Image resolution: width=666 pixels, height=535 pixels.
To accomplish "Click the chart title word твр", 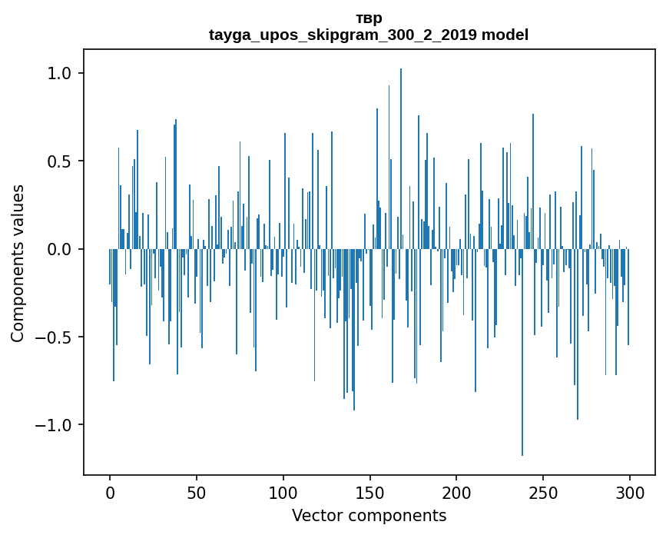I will tap(369, 18).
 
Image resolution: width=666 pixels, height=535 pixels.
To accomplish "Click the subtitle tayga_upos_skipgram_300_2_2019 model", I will tap(369, 35).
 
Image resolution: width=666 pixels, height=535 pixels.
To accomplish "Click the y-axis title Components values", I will tap(18, 263).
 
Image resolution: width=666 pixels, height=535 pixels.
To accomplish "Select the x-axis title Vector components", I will tap(369, 515).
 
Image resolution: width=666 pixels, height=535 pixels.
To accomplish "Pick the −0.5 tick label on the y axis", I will tap(55, 337).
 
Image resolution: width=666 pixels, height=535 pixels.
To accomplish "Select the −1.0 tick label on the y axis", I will tap(55, 425).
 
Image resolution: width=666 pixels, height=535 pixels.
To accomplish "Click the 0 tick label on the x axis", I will tap(110, 492).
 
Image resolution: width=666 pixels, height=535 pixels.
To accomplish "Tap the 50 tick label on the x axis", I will tap(197, 492).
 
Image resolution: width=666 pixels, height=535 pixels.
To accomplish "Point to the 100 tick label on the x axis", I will tap(283, 492).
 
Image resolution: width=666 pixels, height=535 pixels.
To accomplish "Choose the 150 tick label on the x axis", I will tap(369, 492).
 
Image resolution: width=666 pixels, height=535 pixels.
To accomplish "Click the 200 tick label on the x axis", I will tap(456, 492).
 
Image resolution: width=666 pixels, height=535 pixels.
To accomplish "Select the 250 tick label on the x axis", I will tap(543, 492).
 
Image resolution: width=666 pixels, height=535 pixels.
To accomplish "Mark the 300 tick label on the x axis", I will tap(630, 492).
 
